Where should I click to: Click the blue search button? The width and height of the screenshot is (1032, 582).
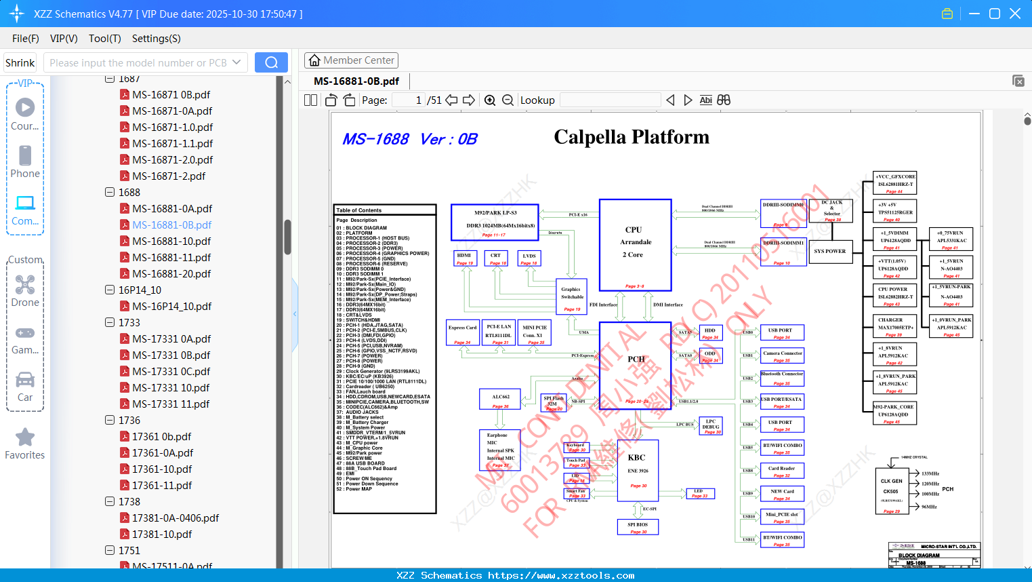coord(271,62)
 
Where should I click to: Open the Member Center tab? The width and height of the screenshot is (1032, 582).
coord(351,60)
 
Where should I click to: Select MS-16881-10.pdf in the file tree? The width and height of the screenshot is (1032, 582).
coord(171,241)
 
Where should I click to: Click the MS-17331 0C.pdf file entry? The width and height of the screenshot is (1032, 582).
coord(171,372)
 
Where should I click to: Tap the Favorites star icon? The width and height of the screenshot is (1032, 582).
coord(25,438)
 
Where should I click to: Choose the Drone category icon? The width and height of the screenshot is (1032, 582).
coord(25,286)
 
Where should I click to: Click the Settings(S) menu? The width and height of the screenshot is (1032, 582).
coord(156,39)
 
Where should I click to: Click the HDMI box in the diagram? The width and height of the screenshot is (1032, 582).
coord(464,258)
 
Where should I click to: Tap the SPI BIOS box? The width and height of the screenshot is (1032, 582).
coord(638,527)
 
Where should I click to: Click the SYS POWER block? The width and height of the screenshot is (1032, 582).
coord(830,252)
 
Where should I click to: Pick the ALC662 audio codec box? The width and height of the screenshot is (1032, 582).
coord(501,400)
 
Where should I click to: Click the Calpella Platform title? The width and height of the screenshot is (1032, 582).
coord(632,137)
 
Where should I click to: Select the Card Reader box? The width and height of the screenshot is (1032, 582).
coord(782,471)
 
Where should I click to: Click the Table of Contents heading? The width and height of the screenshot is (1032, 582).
coord(359,210)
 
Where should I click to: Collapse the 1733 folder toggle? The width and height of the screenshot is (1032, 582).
coord(110,322)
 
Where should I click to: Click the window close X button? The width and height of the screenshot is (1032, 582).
coord(1015,14)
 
